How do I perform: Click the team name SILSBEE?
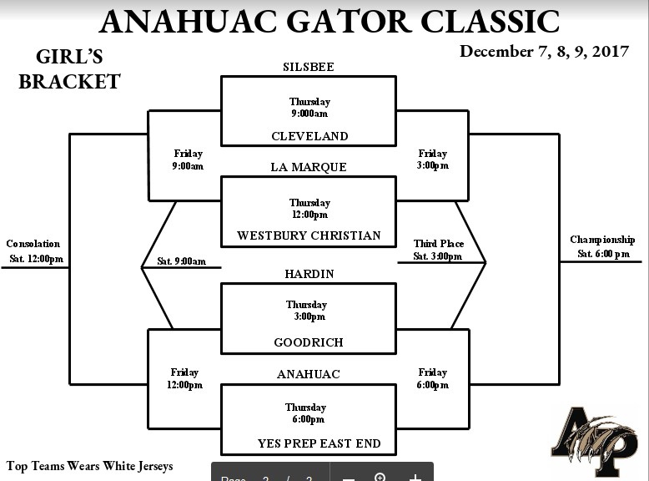click(309, 67)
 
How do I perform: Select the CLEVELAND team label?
click(309, 136)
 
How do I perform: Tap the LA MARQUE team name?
click(309, 167)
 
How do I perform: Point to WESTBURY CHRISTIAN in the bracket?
click(309, 235)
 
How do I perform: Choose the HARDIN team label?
click(309, 274)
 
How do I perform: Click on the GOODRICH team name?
click(309, 342)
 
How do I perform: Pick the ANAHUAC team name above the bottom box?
click(309, 374)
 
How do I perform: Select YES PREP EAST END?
click(319, 443)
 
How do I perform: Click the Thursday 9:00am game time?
click(309, 108)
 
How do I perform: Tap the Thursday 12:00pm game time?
click(309, 209)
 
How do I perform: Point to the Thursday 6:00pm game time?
click(306, 413)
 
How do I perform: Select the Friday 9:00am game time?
click(188, 159)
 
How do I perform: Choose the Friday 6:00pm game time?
click(433, 378)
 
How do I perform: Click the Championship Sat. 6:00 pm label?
click(602, 246)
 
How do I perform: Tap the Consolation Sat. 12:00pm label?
click(35, 251)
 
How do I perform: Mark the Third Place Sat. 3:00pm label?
click(438, 250)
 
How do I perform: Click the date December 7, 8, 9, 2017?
click(544, 52)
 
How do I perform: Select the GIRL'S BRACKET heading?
click(69, 69)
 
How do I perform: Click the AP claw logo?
click(594, 440)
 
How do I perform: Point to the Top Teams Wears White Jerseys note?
click(90, 466)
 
